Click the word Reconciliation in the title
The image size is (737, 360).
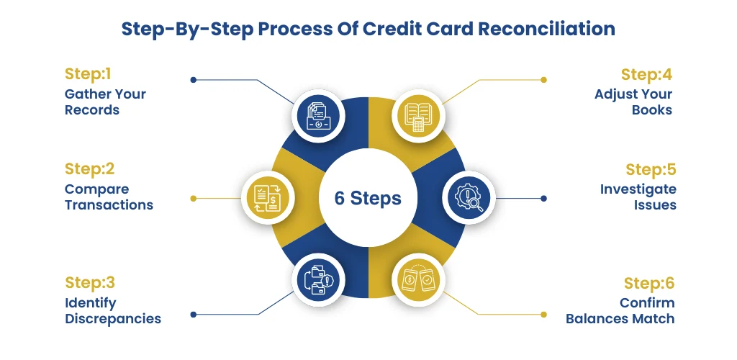[x=547, y=29]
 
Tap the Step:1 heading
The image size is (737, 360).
[x=87, y=74]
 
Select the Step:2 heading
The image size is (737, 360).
[x=89, y=169]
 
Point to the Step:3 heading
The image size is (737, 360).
[x=90, y=283]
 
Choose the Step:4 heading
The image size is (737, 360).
[x=646, y=74]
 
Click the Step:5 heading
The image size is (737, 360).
[x=651, y=169]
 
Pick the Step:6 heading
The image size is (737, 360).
[x=649, y=283]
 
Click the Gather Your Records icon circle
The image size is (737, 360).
[x=319, y=116]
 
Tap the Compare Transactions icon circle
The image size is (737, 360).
[x=268, y=197]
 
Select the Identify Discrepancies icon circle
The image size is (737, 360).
[x=319, y=279]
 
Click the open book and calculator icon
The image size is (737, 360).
[x=418, y=117]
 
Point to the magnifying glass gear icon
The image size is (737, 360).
[x=469, y=197]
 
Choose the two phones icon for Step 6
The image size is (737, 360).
[x=418, y=279]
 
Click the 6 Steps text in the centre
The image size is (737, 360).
[x=368, y=198]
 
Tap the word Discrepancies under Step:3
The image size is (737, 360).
[x=113, y=319]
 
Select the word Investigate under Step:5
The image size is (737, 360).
[x=638, y=189]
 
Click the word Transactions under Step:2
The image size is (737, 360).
[x=109, y=205]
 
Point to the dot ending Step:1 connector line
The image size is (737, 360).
[x=193, y=80]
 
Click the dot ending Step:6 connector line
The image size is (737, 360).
[x=544, y=315]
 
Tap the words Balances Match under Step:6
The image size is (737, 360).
[x=620, y=319]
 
